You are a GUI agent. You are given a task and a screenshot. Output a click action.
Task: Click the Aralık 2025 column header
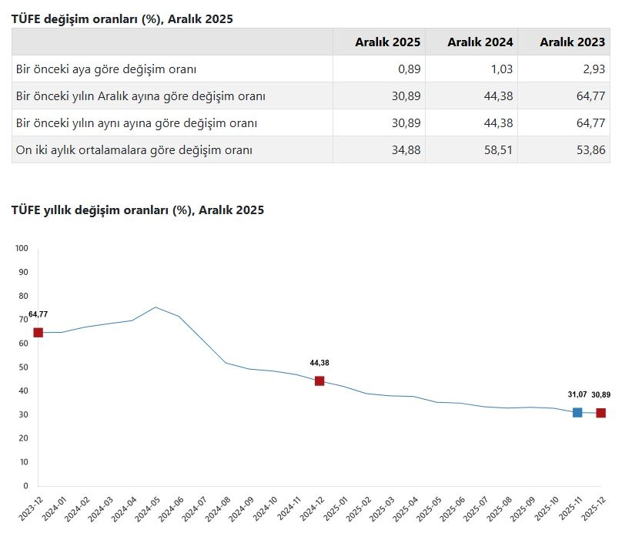click(x=382, y=42)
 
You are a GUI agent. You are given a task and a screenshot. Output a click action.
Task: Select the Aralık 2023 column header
click(x=567, y=42)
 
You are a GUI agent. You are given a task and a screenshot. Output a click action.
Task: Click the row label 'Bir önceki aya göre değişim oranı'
click(x=106, y=69)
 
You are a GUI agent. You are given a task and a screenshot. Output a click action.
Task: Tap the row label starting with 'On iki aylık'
click(x=134, y=149)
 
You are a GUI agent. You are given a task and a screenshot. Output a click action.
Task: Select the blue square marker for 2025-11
click(x=577, y=413)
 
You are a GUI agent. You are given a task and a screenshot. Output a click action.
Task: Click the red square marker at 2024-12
click(x=319, y=381)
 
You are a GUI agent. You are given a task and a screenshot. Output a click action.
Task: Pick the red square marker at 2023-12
click(x=38, y=333)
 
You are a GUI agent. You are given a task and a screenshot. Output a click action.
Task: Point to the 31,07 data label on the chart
click(x=577, y=394)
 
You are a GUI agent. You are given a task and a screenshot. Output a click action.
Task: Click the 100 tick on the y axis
click(x=21, y=248)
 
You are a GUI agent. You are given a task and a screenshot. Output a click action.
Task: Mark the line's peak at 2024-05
click(x=155, y=307)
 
